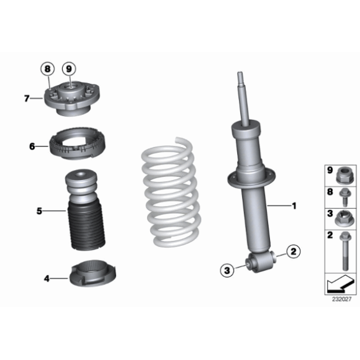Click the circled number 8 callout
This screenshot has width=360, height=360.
coord(48,69)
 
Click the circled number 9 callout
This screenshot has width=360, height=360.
coord(69,69)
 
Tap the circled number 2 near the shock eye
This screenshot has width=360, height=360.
coord(294,251)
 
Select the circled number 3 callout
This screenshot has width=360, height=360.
coord(227,270)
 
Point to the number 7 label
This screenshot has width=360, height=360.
coord(27,99)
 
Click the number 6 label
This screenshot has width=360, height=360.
coord(32,146)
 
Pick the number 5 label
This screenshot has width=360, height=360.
coord(40,211)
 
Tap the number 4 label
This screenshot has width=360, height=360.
coord(47,279)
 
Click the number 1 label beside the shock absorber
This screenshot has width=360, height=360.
coord(294,205)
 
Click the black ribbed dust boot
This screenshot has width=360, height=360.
coord(86,226)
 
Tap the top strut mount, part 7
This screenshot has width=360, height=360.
coord(71,99)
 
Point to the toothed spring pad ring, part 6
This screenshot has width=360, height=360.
coord(78,143)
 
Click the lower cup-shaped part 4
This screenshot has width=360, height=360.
coord(92,274)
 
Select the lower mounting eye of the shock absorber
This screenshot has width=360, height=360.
coord(261,262)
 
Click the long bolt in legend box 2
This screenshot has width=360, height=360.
coord(345,251)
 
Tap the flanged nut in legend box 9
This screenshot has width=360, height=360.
coord(344,176)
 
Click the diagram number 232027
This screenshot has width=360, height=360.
coord(342,299)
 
